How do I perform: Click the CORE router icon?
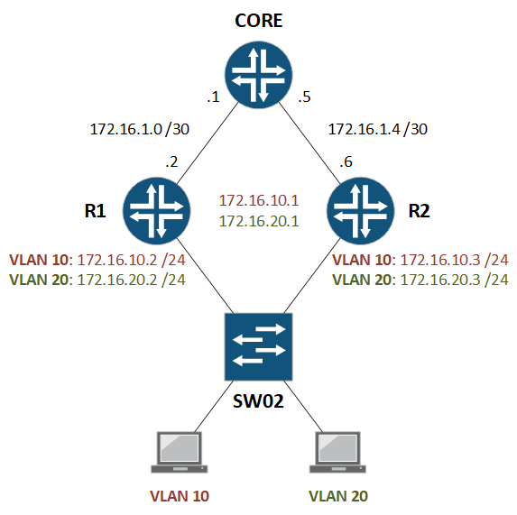click(260, 76)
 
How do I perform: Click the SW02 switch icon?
click(259, 346)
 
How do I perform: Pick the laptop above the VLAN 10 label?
click(179, 451)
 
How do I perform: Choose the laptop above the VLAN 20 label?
click(338, 451)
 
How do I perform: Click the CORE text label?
click(260, 21)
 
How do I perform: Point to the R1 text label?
click(95, 213)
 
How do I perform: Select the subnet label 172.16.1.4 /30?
click(377, 129)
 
